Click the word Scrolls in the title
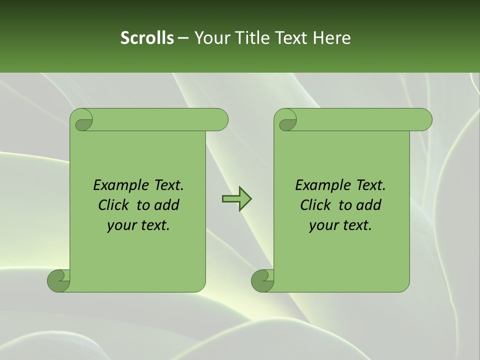[x=147, y=38]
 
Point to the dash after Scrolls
[x=183, y=38]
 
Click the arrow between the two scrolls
[x=236, y=199]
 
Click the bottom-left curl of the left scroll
[x=59, y=280]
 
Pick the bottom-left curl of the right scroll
[x=263, y=280]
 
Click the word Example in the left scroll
[x=116, y=185]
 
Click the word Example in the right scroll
[x=318, y=185]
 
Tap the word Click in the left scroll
[x=113, y=205]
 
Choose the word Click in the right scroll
[x=315, y=205]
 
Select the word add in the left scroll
[x=166, y=205]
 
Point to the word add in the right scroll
[x=368, y=205]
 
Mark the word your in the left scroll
[x=121, y=225]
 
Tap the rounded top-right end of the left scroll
[x=220, y=120]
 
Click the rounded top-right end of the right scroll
[x=424, y=120]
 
